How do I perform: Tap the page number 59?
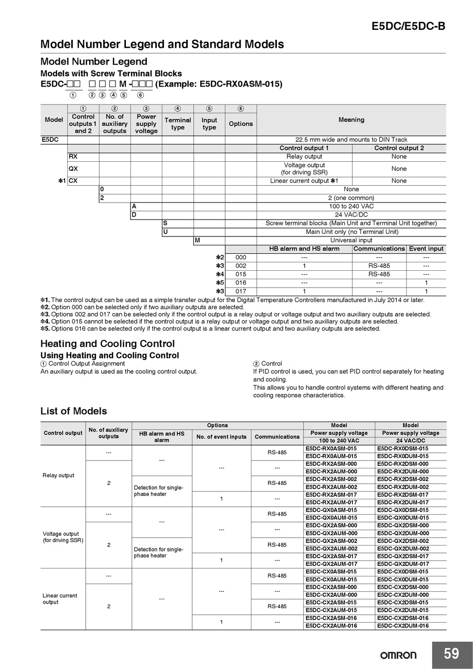(x=451, y=653)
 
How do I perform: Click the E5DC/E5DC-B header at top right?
(x=408, y=26)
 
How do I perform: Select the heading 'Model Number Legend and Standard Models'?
(x=162, y=44)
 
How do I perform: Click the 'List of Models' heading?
(x=73, y=411)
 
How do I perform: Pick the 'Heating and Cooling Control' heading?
(x=107, y=343)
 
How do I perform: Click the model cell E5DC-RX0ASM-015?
(x=331, y=448)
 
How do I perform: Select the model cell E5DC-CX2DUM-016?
(x=403, y=626)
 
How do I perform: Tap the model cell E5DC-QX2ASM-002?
(x=331, y=541)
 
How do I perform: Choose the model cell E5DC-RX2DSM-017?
(x=403, y=495)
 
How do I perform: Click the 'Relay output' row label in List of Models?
(x=58, y=475)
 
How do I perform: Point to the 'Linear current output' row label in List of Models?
(x=60, y=599)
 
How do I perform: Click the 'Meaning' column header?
(x=351, y=119)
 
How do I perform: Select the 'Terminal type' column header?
(x=178, y=123)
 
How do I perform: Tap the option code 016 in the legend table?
(x=241, y=283)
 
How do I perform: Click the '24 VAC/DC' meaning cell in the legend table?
(x=351, y=215)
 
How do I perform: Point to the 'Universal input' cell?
(x=351, y=240)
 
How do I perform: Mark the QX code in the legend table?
(x=73, y=169)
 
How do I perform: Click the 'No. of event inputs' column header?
(x=221, y=437)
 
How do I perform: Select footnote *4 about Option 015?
(x=219, y=322)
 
